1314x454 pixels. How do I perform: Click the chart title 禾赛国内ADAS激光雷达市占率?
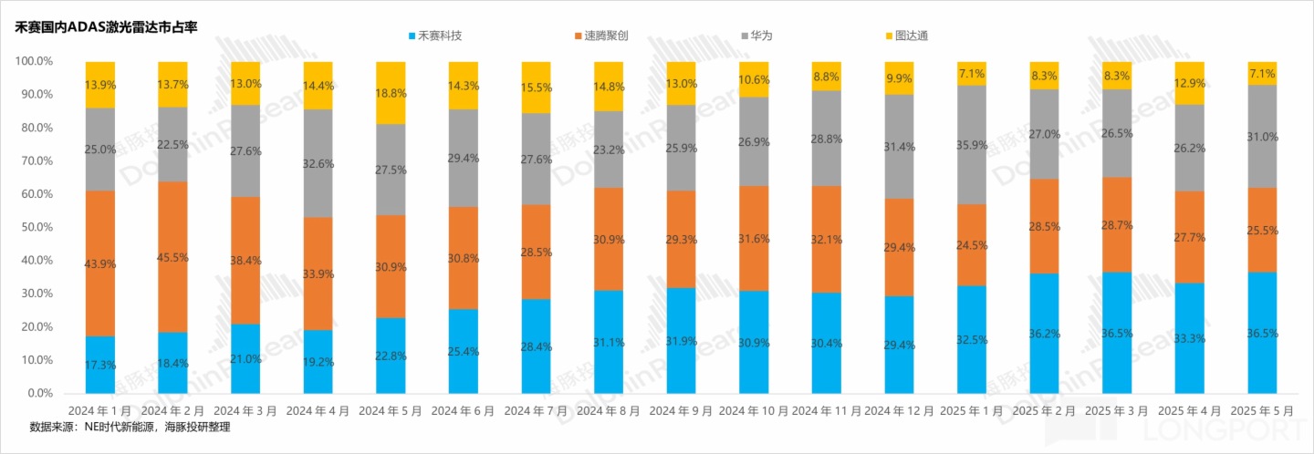tap(105, 27)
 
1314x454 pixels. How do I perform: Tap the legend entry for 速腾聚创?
tap(607, 36)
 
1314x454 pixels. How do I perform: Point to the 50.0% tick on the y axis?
tap(33, 227)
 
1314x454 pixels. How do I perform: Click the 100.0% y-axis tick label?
tap(33, 61)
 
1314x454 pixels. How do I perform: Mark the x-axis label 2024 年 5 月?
tap(390, 412)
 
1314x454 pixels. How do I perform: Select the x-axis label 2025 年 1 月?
tap(972, 412)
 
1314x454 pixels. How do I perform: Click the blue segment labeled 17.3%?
tap(100, 365)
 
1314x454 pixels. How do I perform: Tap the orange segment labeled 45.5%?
tap(172, 257)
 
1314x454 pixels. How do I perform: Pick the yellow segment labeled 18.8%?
tap(391, 92)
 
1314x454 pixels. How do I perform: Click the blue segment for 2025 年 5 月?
tap(1263, 333)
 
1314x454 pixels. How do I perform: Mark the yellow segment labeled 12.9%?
tap(1190, 83)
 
